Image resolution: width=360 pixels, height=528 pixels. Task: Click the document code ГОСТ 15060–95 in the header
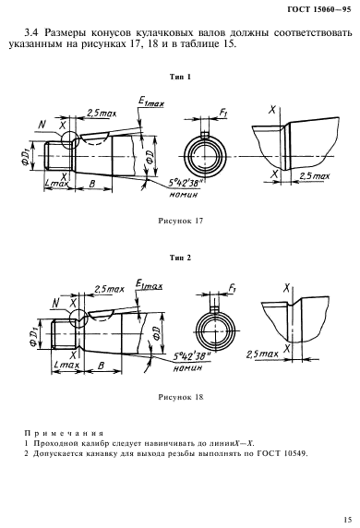318,9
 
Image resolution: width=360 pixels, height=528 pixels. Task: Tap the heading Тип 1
180,77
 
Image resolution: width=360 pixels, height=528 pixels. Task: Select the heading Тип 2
180,258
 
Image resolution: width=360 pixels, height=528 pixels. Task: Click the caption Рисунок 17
181,221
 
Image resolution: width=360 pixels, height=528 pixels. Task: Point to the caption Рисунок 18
181,397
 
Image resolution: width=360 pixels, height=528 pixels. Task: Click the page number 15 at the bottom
348,519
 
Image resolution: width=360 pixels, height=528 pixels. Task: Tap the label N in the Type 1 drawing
42,125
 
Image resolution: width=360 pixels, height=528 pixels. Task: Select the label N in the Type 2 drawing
56,304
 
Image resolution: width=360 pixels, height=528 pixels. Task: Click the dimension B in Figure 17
91,184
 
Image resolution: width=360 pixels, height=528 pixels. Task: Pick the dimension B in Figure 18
101,365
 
